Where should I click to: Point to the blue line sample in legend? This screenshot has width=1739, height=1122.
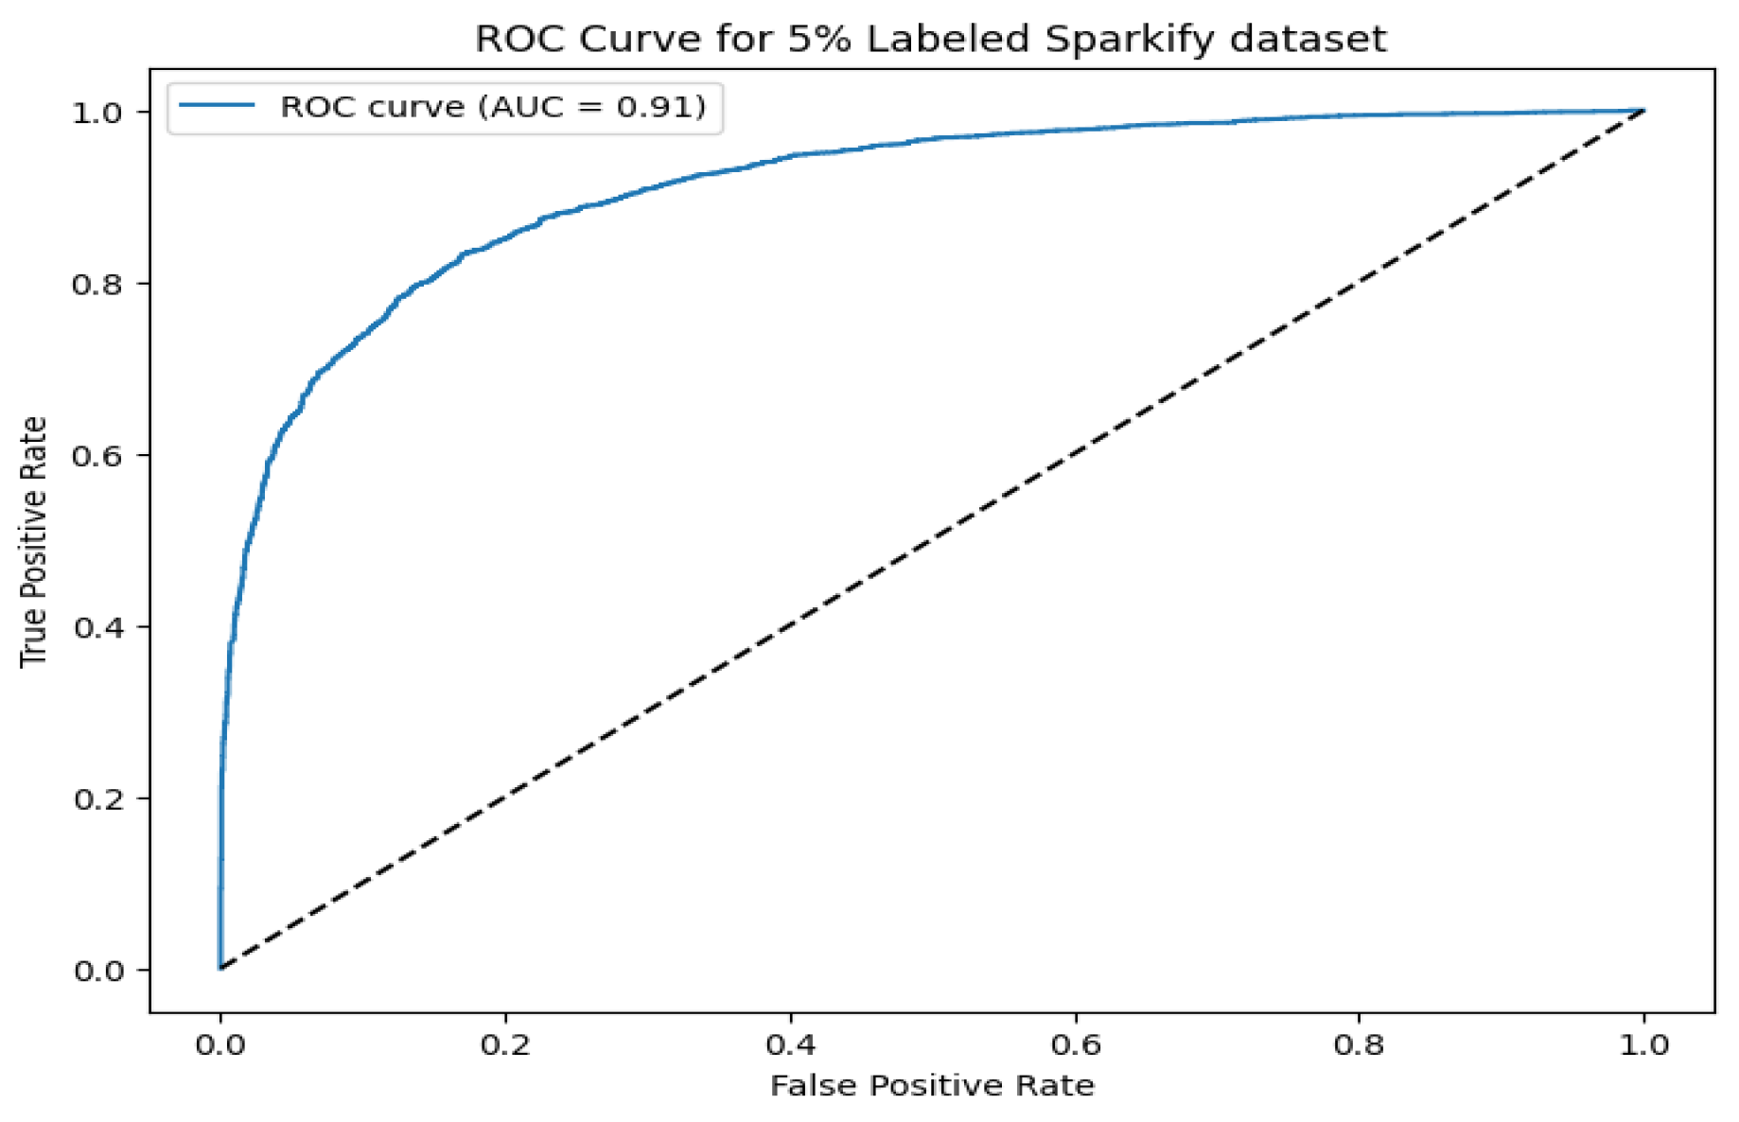tap(217, 106)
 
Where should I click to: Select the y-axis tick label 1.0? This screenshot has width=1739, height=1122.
tap(97, 113)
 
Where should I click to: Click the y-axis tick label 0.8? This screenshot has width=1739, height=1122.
tap(97, 284)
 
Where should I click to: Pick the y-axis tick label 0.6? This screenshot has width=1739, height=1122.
tap(97, 455)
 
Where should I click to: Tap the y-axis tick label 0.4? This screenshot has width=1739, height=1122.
tap(97, 627)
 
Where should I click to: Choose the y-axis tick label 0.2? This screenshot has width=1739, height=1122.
tap(97, 798)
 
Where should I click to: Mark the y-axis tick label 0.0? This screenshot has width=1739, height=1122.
tap(97, 971)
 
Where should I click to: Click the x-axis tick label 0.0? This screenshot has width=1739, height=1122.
tap(220, 1045)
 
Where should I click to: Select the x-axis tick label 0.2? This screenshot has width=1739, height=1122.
tap(505, 1045)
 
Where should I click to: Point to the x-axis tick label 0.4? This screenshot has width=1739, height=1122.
tap(790, 1045)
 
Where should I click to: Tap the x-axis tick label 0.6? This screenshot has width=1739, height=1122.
tap(1076, 1045)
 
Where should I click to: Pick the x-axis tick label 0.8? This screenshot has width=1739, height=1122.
tap(1360, 1045)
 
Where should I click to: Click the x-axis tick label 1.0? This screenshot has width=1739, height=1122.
tap(1644, 1045)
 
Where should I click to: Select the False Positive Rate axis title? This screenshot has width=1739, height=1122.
tap(932, 1085)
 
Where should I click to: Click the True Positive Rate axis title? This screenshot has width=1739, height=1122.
tap(34, 541)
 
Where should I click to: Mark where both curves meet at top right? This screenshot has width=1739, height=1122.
tap(1644, 111)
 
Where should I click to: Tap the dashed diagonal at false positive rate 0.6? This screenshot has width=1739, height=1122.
tap(1075, 455)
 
